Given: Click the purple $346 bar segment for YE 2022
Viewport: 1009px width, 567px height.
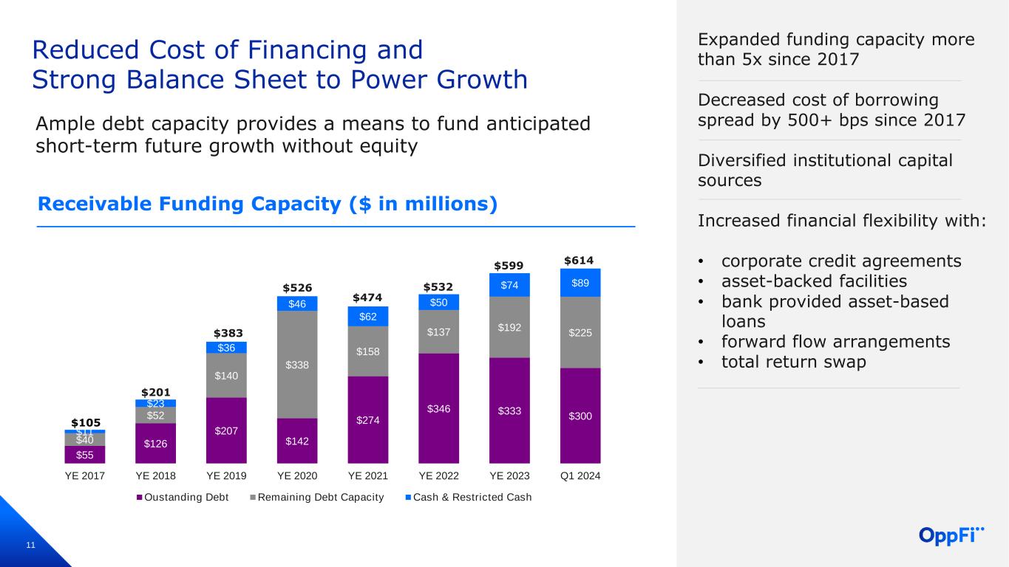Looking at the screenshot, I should point(438,408).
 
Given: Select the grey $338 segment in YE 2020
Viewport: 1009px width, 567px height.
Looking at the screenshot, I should point(296,365).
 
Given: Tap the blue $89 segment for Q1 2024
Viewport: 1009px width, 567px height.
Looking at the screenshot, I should point(580,283).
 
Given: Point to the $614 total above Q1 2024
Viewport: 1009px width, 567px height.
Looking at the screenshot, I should point(580,261).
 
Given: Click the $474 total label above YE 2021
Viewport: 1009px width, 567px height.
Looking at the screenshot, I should point(367,298).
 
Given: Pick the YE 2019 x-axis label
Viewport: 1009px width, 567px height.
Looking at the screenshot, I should point(225,476).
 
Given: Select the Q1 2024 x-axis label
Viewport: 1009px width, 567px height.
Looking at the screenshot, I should point(580,476).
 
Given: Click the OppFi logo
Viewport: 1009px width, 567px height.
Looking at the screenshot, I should point(952,535).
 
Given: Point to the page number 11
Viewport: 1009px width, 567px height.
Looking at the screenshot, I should point(30,546).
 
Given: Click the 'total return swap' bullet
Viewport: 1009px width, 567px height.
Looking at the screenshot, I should point(793,362).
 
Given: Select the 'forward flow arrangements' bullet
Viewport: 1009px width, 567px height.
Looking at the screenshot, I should point(835,342).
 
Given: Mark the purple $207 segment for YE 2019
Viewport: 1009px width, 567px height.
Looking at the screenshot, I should point(225,430).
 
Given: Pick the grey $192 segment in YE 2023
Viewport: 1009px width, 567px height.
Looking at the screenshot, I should point(509,326).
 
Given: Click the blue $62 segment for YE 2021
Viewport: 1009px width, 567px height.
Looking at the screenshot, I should point(367,316).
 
